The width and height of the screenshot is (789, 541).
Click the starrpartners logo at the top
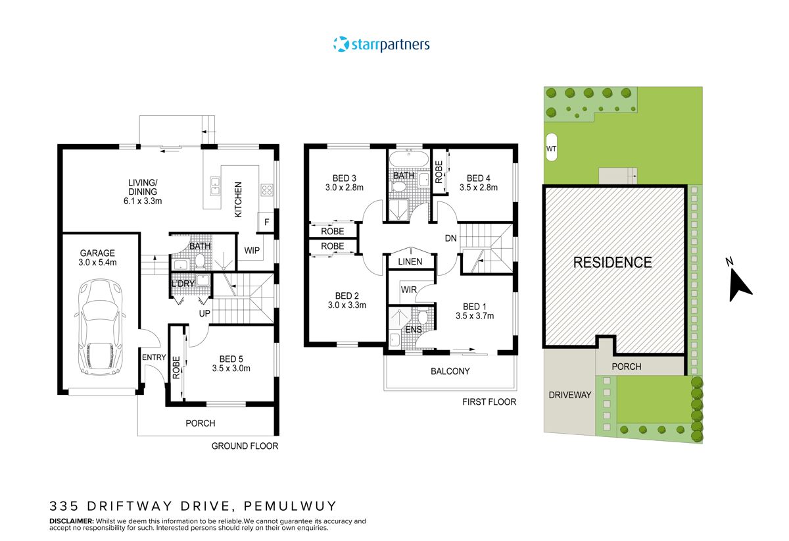(381, 45)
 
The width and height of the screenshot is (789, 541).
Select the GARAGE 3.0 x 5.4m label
(97, 258)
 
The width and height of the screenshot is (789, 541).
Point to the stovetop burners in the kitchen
(267, 190)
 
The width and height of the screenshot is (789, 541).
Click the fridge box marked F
(267, 222)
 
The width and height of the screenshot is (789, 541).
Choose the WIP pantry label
(252, 251)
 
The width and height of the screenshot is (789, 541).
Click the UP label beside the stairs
(204, 314)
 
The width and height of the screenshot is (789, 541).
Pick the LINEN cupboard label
(410, 262)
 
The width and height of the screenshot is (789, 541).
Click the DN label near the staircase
(450, 238)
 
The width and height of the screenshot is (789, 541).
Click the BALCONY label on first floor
(450, 371)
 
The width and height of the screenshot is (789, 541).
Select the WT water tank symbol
(551, 149)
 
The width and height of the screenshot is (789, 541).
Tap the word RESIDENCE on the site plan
(612, 263)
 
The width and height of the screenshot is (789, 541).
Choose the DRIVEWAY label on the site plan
(570, 395)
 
